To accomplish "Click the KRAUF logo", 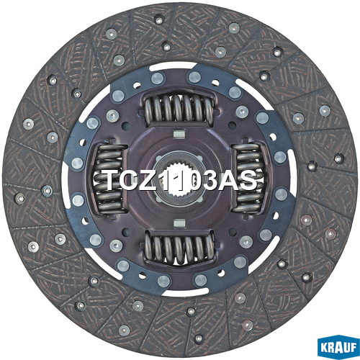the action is coord(338,347).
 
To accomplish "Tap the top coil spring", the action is coord(179,109).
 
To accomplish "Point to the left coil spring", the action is coord(109,179).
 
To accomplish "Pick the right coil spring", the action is coord(248,179).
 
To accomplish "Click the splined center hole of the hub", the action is coord(179,178).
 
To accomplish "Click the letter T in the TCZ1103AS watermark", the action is coord(114,180).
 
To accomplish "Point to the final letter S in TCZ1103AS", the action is coord(248,180).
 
